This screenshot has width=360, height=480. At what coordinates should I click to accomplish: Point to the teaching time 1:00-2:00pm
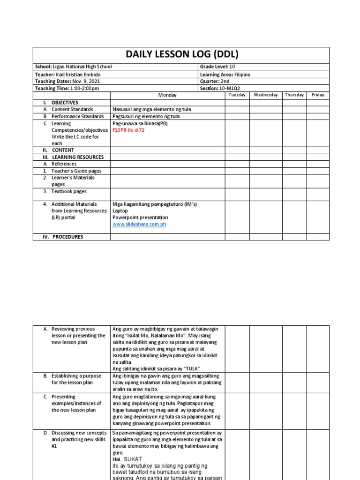click(85, 88)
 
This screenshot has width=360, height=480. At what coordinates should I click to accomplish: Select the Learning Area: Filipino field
click(225, 75)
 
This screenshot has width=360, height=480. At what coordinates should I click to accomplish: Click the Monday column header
click(167, 95)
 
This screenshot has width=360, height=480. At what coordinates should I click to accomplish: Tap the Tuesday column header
click(237, 95)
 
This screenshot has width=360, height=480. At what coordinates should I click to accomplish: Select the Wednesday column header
click(266, 95)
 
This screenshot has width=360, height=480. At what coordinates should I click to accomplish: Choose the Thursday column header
click(294, 95)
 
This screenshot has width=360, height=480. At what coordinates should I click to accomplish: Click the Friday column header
click(318, 95)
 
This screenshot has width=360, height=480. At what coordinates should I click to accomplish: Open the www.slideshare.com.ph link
click(139, 225)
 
